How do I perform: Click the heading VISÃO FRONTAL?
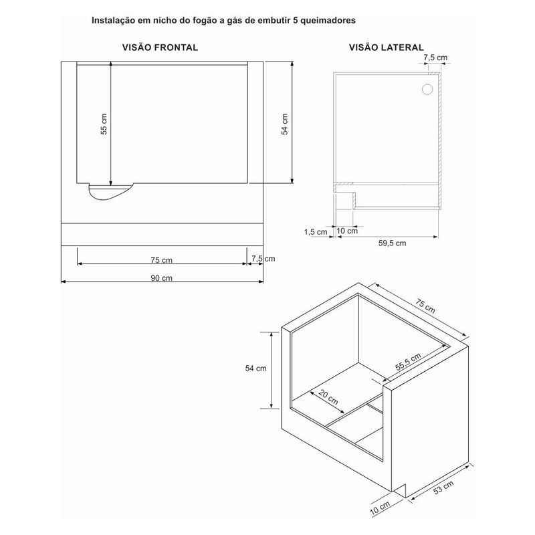pyautogui.click(x=160, y=47)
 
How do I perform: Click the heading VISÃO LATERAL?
pyautogui.click(x=387, y=47)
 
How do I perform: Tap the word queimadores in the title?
pyautogui.click(x=328, y=21)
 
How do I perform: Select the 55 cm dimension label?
pyautogui.click(x=104, y=124)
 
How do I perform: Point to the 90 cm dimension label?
pyautogui.click(x=161, y=278)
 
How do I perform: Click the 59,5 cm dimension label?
pyautogui.click(x=393, y=243)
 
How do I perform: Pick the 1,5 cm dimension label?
pyautogui.click(x=316, y=232)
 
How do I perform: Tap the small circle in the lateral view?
pyautogui.click(x=427, y=89)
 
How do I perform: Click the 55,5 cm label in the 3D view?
pyautogui.click(x=408, y=362)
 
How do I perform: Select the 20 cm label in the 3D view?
pyautogui.click(x=328, y=397)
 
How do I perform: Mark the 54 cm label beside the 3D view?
pyautogui.click(x=256, y=368)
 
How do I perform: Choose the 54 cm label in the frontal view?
pyautogui.click(x=285, y=124)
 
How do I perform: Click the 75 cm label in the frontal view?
pyautogui.click(x=161, y=260)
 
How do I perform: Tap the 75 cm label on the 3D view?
pyautogui.click(x=425, y=306)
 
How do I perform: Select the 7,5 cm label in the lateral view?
pyautogui.click(x=435, y=58)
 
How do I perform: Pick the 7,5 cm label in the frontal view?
pyautogui.click(x=263, y=259)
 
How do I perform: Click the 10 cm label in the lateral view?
pyautogui.click(x=347, y=231)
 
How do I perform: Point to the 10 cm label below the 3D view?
pyautogui.click(x=380, y=509)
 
